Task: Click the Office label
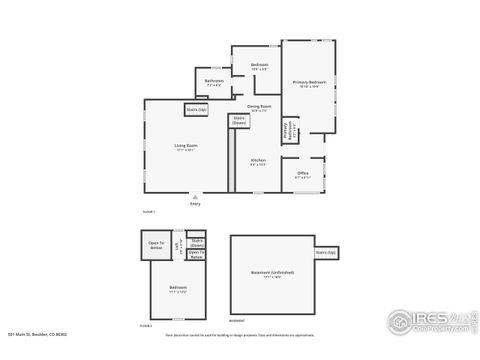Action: (x=302, y=174)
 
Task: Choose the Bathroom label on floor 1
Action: (x=214, y=82)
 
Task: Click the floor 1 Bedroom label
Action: (x=259, y=66)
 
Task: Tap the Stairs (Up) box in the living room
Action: (x=196, y=109)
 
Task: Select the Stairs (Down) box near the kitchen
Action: (x=239, y=121)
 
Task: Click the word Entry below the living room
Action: (x=195, y=205)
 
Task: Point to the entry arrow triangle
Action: (x=195, y=198)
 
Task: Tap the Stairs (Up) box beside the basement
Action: (x=326, y=253)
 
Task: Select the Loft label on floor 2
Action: (x=180, y=245)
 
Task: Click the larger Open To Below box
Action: (x=157, y=246)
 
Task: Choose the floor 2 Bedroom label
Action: (x=178, y=288)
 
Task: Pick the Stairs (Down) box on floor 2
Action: (x=197, y=242)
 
